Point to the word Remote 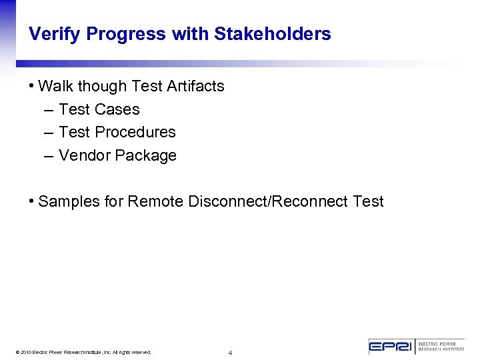[155, 201]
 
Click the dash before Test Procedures [48, 133]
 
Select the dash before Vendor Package [48, 156]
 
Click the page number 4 [230, 353]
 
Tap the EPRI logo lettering [391, 347]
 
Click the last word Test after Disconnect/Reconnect [369, 201]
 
